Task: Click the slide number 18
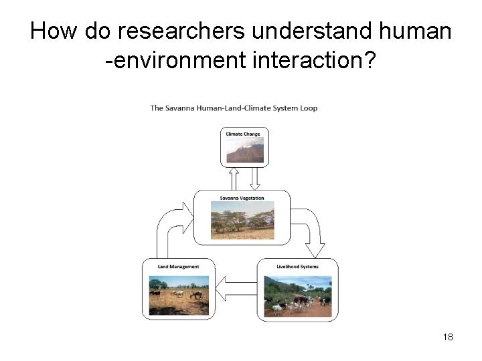pyautogui.click(x=448, y=337)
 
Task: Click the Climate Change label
pyautogui.click(x=243, y=134)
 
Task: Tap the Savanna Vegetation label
pyautogui.click(x=242, y=198)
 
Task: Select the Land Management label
pyautogui.click(x=178, y=267)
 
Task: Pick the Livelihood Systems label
pyautogui.click(x=297, y=267)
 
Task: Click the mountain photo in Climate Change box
pyautogui.click(x=244, y=150)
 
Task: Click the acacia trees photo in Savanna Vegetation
pyautogui.click(x=242, y=221)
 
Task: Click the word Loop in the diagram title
pyautogui.click(x=309, y=108)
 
